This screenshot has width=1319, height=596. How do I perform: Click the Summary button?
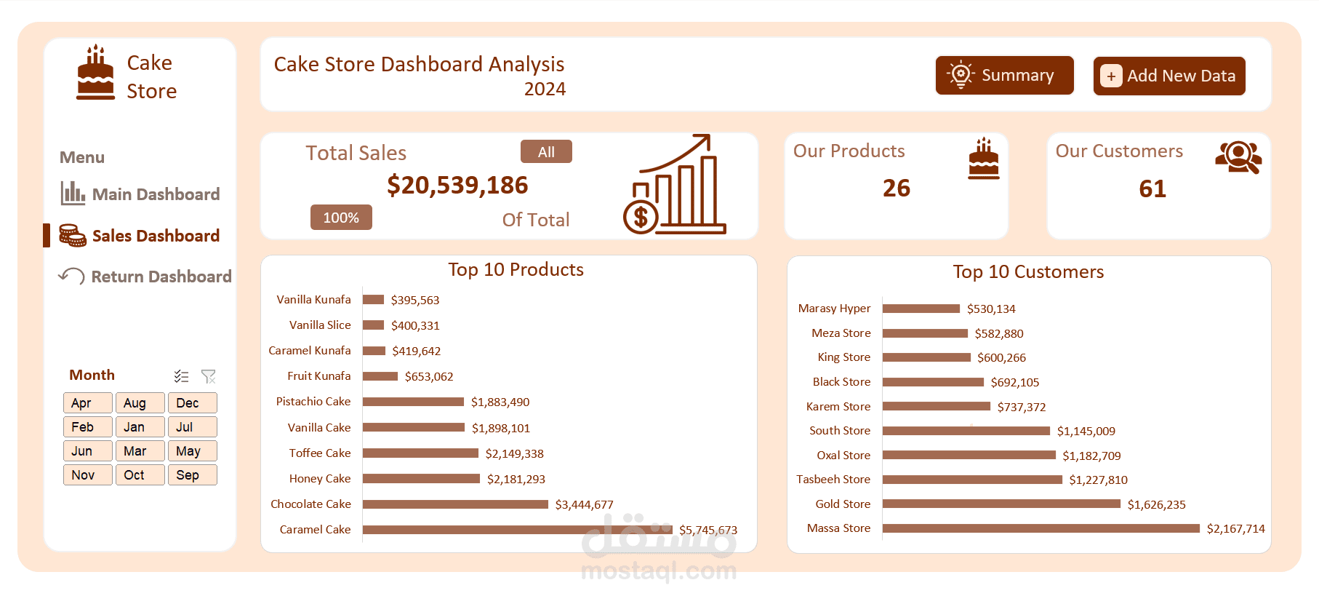click(1004, 76)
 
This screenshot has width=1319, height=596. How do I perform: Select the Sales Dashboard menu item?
click(155, 236)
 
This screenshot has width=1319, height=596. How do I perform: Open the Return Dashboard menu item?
click(161, 277)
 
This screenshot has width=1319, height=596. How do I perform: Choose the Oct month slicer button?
click(140, 475)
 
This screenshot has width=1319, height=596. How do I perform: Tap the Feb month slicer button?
click(87, 427)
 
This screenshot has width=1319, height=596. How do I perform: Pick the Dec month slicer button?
click(192, 403)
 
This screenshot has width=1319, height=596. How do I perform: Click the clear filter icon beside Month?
click(209, 376)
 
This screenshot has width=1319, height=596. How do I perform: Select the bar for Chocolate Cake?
click(455, 504)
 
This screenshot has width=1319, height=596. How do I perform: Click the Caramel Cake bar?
click(516, 530)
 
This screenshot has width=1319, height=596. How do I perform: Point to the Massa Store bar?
click(1041, 528)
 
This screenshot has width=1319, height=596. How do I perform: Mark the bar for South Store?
click(966, 431)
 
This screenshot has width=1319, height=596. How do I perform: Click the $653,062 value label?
click(429, 376)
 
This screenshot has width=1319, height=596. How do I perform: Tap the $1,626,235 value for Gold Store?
click(1156, 504)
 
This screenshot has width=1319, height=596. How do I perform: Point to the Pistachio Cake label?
click(313, 402)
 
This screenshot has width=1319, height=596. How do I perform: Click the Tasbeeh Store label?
click(833, 480)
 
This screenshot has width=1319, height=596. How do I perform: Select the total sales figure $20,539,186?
click(457, 186)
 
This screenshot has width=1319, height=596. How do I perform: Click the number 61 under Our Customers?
click(1152, 189)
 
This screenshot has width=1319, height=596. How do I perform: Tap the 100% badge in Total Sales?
click(341, 218)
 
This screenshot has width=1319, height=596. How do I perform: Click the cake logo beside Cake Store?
click(95, 73)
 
